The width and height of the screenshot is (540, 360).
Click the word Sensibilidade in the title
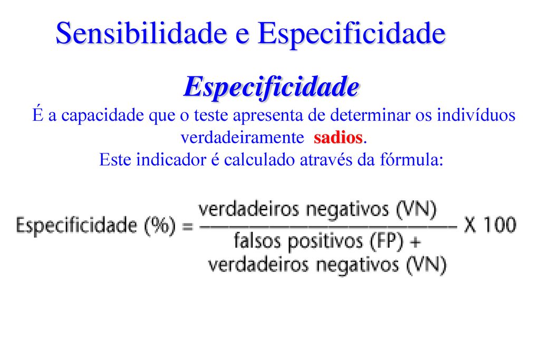141,33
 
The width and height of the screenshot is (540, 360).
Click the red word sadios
338,138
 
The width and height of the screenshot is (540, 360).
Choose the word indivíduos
476,114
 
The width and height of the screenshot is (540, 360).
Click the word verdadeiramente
242,138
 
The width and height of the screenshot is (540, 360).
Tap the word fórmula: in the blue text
411,159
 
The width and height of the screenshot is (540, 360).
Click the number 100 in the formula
500,225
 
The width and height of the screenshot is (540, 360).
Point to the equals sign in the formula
188,227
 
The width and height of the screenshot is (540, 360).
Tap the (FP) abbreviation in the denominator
386,241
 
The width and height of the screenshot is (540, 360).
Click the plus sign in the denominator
416,241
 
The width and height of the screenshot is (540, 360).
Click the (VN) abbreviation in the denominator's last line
426,265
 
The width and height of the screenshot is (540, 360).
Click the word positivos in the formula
325,241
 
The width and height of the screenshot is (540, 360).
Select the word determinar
370,114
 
